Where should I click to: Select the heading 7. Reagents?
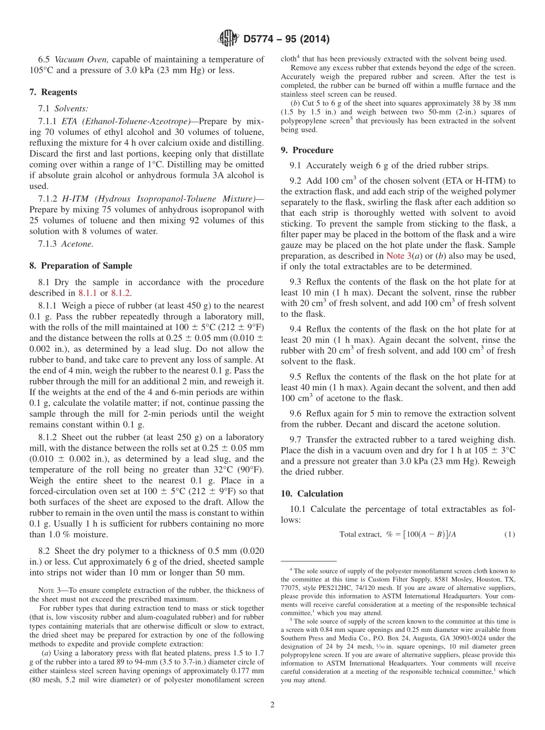(53, 92)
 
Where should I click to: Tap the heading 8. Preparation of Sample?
(80, 266)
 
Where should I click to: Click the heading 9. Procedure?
(307, 150)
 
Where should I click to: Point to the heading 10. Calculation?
(312, 494)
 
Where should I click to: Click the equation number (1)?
(509, 534)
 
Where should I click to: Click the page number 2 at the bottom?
(272, 705)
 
